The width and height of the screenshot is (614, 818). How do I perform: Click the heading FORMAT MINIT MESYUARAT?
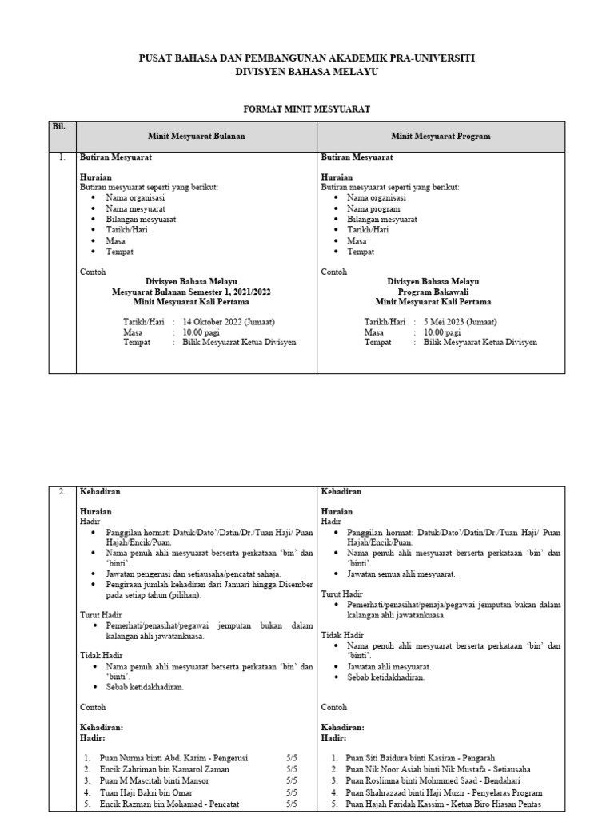306,107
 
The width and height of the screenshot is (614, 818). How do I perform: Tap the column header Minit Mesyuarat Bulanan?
196,137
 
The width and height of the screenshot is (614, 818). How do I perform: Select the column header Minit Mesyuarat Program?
441,137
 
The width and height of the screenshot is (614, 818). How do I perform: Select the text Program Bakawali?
433,292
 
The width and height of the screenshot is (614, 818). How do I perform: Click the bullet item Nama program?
377,208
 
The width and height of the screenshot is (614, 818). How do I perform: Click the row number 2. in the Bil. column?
62,492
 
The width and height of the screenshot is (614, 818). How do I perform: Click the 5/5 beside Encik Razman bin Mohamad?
290,804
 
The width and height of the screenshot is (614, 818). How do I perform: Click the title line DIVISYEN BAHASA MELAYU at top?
306,72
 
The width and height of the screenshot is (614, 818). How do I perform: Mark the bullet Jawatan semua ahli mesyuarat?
401,574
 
